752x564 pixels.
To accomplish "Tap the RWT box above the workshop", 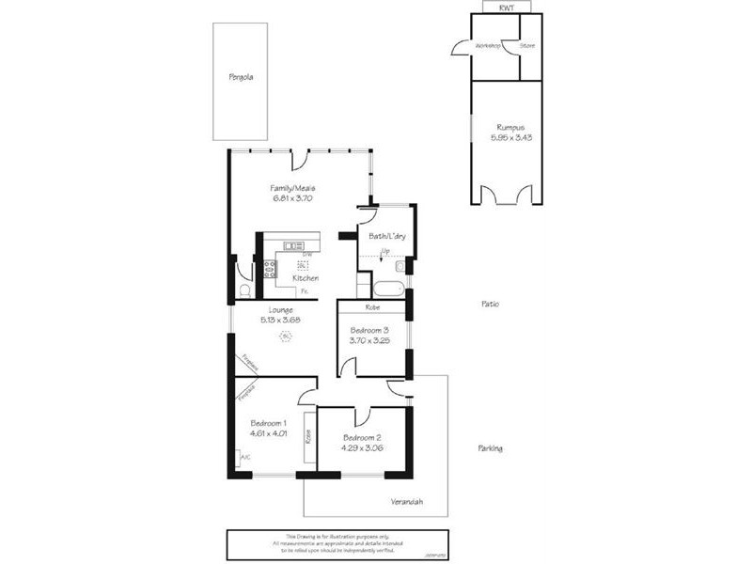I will click(x=506, y=8).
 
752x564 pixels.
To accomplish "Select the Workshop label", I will click(x=487, y=45).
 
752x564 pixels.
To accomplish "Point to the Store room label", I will click(x=527, y=45).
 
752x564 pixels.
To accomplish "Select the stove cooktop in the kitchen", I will click(x=270, y=271).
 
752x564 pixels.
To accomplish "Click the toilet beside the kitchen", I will click(x=243, y=290).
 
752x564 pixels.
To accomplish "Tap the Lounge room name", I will click(x=280, y=310).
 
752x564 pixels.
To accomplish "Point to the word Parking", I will click(x=489, y=448).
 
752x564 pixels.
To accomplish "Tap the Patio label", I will click(x=489, y=305).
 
